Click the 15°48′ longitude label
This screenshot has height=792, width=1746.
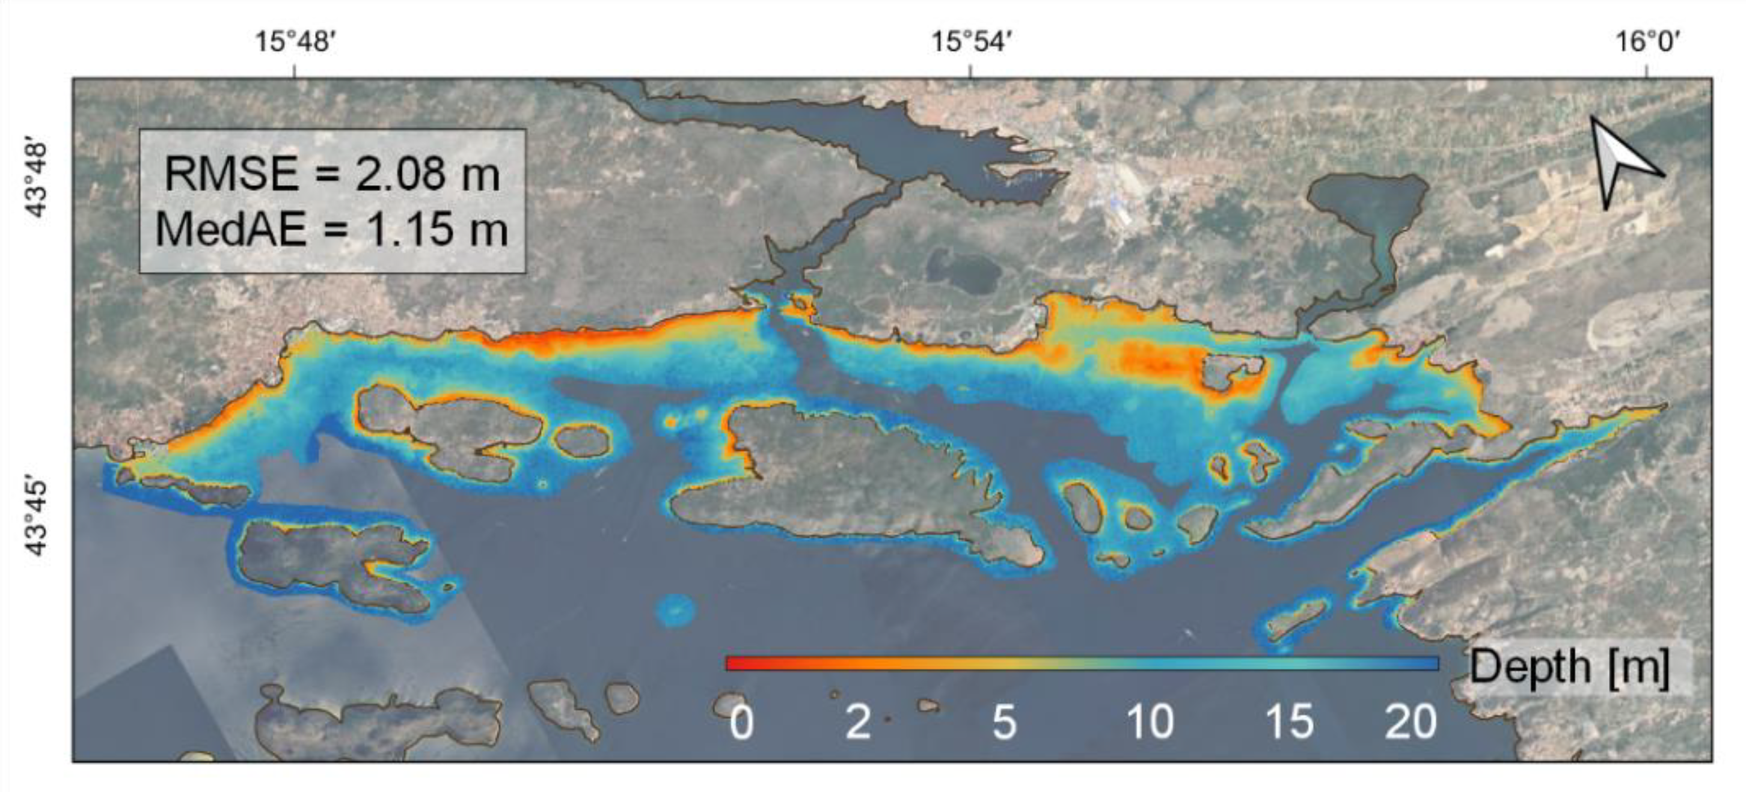point(294,42)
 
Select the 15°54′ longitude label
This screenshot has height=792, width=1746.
point(971,42)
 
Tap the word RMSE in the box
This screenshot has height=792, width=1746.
point(230,174)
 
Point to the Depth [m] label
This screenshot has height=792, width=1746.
point(1569,666)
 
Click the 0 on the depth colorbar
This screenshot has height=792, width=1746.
point(741,722)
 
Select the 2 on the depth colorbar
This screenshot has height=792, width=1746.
point(858,722)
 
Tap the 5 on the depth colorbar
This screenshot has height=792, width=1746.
point(1004,722)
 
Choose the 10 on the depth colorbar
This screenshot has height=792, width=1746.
point(1150,722)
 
